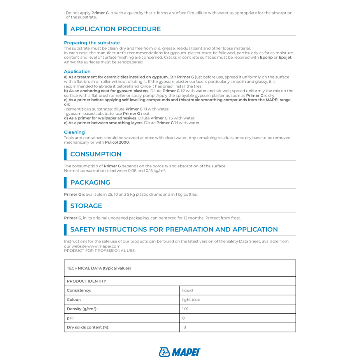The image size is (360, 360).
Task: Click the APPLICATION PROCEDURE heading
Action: pyautogui.click(x=115, y=29)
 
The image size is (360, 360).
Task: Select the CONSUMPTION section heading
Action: pyautogui.click(x=96, y=154)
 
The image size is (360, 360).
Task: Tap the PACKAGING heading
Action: pyautogui.click(x=90, y=183)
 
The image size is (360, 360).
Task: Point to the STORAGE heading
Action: pyautogui.click(x=86, y=206)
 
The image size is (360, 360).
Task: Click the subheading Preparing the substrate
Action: pyautogui.click(x=92, y=43)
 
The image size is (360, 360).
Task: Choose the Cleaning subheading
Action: pyautogui.click(x=74, y=132)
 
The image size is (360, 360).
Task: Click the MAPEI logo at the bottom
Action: pyautogui.click(x=180, y=352)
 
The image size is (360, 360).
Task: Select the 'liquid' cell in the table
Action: pyautogui.click(x=188, y=290)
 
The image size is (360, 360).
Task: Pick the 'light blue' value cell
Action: pyautogui.click(x=191, y=300)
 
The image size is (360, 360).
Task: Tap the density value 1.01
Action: pyautogui.click(x=185, y=309)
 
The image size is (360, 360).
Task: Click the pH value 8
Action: pyautogui.click(x=184, y=318)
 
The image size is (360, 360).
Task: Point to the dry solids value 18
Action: pyautogui.click(x=184, y=327)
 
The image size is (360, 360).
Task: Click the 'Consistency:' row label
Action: pyautogui.click(x=79, y=290)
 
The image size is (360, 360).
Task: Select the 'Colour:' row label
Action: pyautogui.click(x=74, y=300)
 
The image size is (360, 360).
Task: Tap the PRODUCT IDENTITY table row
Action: pyautogui.click(x=86, y=281)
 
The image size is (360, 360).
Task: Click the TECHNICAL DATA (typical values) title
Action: pyautogui.click(x=99, y=268)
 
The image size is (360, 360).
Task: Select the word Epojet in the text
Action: pyautogui.click(x=285, y=58)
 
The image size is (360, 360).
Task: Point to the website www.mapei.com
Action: pyautogui.click(x=104, y=246)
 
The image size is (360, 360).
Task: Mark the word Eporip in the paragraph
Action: pyautogui.click(x=266, y=58)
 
